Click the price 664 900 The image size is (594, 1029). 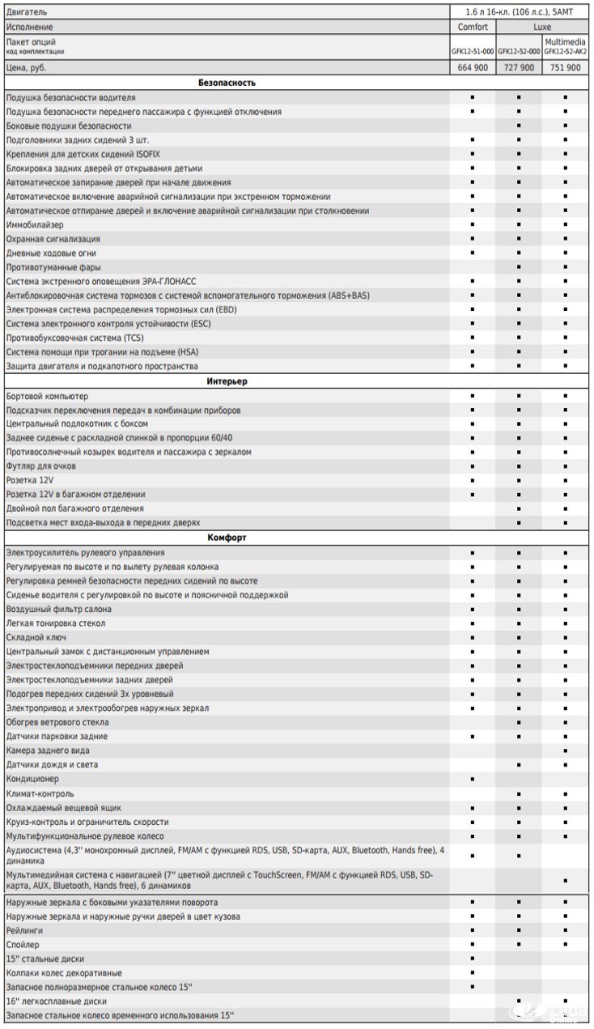tap(472, 68)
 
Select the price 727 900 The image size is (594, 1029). tap(519, 68)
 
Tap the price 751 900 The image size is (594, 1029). tap(566, 68)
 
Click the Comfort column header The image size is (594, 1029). tap(472, 27)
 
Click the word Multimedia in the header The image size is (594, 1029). tap(566, 41)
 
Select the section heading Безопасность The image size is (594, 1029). tap(227, 83)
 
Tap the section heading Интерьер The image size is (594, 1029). tap(227, 381)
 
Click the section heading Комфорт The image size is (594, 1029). tap(227, 538)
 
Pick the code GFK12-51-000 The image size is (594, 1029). tap(473, 51)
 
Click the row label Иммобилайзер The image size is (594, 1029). tap(35, 225)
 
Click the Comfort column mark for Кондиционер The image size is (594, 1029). tap(472, 779)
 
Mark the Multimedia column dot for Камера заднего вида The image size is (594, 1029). tap(566, 750)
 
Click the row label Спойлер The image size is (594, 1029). tap(23, 945)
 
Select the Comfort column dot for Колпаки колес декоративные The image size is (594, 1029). tap(472, 973)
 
